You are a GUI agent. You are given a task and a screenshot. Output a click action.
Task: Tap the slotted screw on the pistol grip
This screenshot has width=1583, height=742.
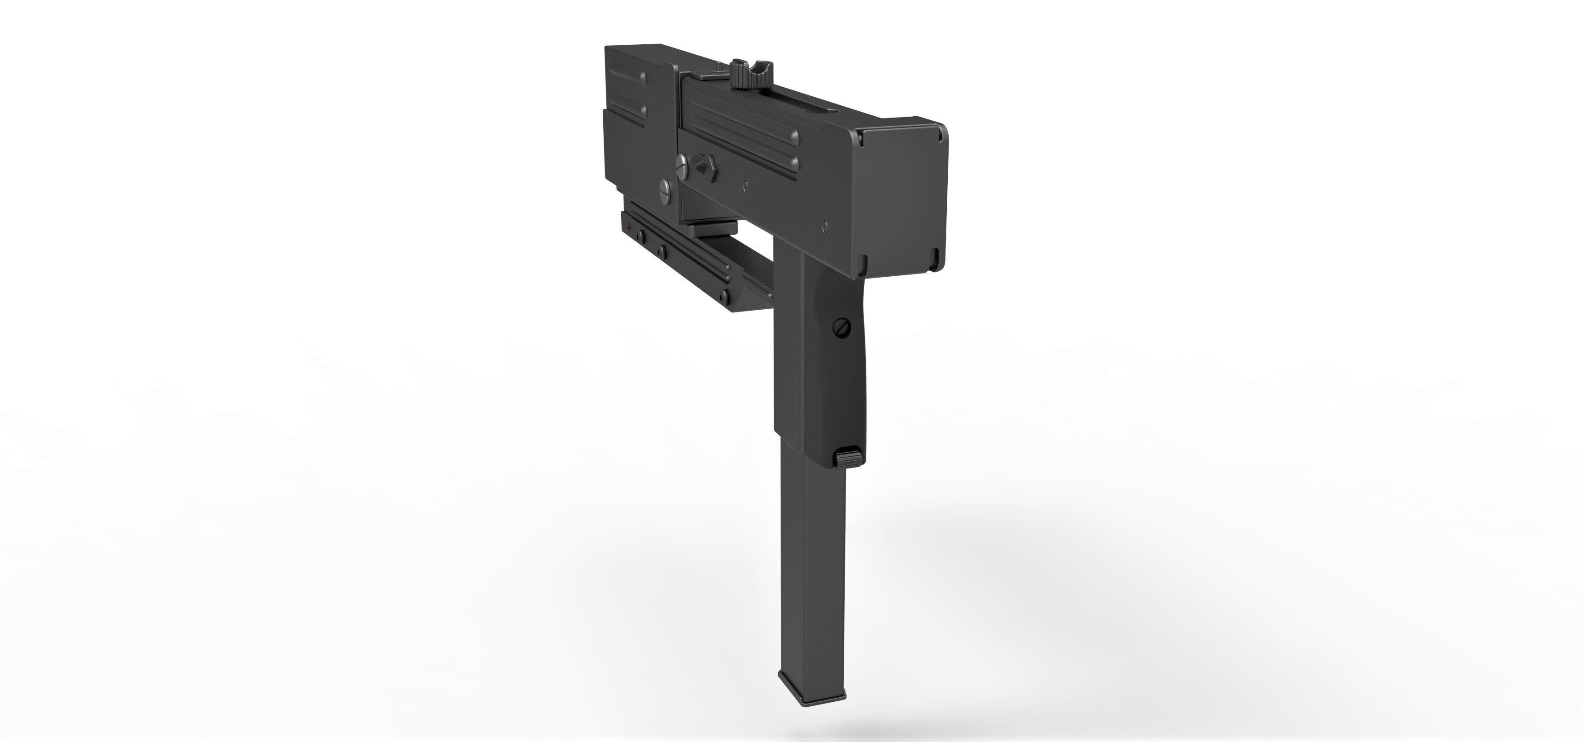point(841,328)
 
